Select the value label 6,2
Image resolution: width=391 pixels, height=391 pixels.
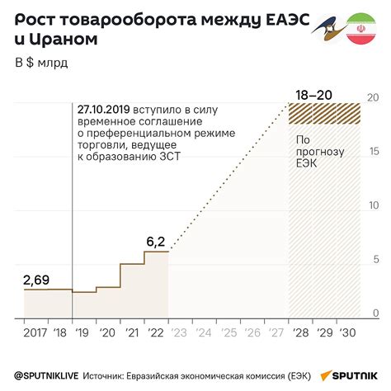pyautogui.click(x=155, y=242)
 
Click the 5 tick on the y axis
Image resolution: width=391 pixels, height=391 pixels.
pyautogui.click(x=375, y=260)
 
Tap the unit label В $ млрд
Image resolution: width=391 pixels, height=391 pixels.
pyautogui.click(x=42, y=64)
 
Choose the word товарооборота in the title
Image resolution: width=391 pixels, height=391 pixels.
pyautogui.click(x=122, y=16)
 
